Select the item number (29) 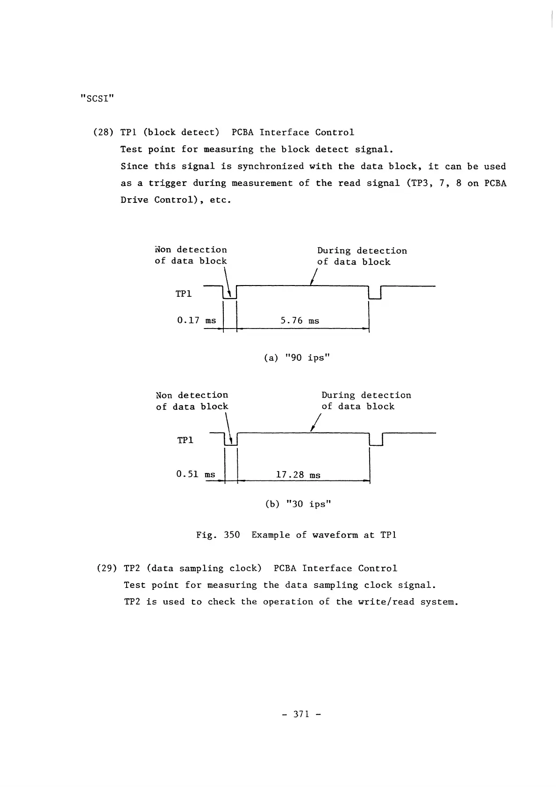(107, 568)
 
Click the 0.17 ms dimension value (196, 320)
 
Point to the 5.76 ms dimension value (299, 321)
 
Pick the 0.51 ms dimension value (196, 474)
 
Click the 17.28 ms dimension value (298, 475)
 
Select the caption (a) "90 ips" (298, 358)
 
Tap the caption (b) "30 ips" (298, 504)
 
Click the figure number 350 (232, 535)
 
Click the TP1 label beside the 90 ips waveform (184, 294)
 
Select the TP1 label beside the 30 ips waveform (185, 440)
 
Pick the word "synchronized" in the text (271, 166)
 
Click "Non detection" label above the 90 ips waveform (191, 250)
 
